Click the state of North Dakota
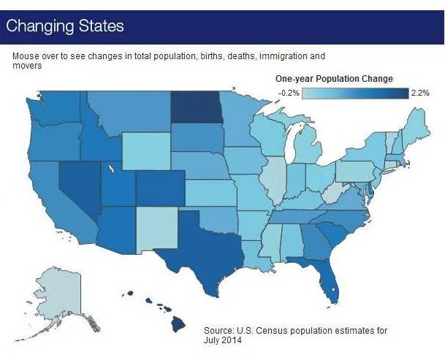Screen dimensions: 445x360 click(x=196, y=107)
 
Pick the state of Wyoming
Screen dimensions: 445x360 click(x=146, y=151)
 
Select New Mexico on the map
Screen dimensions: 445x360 click(x=157, y=230)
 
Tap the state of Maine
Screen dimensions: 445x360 click(x=415, y=125)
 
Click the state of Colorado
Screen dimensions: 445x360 click(x=160, y=188)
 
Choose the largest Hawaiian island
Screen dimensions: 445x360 click(x=178, y=324)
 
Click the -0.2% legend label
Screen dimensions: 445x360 click(x=289, y=93)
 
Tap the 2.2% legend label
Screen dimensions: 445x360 click(x=420, y=93)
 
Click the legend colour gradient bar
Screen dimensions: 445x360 click(x=355, y=93)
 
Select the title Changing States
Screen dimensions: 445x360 click(x=65, y=26)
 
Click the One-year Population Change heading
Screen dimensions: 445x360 click(x=334, y=79)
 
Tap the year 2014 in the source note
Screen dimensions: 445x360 click(x=232, y=340)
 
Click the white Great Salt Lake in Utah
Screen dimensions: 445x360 click(x=112, y=168)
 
